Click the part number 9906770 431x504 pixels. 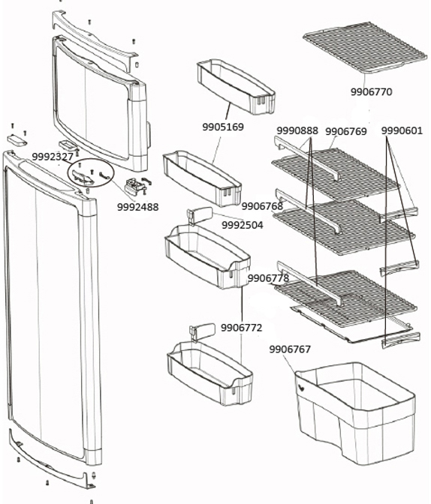click(371, 92)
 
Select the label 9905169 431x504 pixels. click(223, 127)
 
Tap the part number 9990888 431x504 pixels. click(297, 130)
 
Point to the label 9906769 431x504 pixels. click(345, 131)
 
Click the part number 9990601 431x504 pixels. click(402, 130)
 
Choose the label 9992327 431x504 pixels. click(53, 157)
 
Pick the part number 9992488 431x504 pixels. click(137, 207)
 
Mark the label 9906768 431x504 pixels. click(262, 206)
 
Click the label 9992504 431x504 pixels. click(242, 225)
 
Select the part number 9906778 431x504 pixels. click(269, 278)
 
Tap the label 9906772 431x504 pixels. click(242, 328)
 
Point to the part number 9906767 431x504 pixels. click(290, 349)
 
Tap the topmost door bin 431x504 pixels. click(236, 86)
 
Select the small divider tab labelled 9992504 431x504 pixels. click(200, 215)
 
